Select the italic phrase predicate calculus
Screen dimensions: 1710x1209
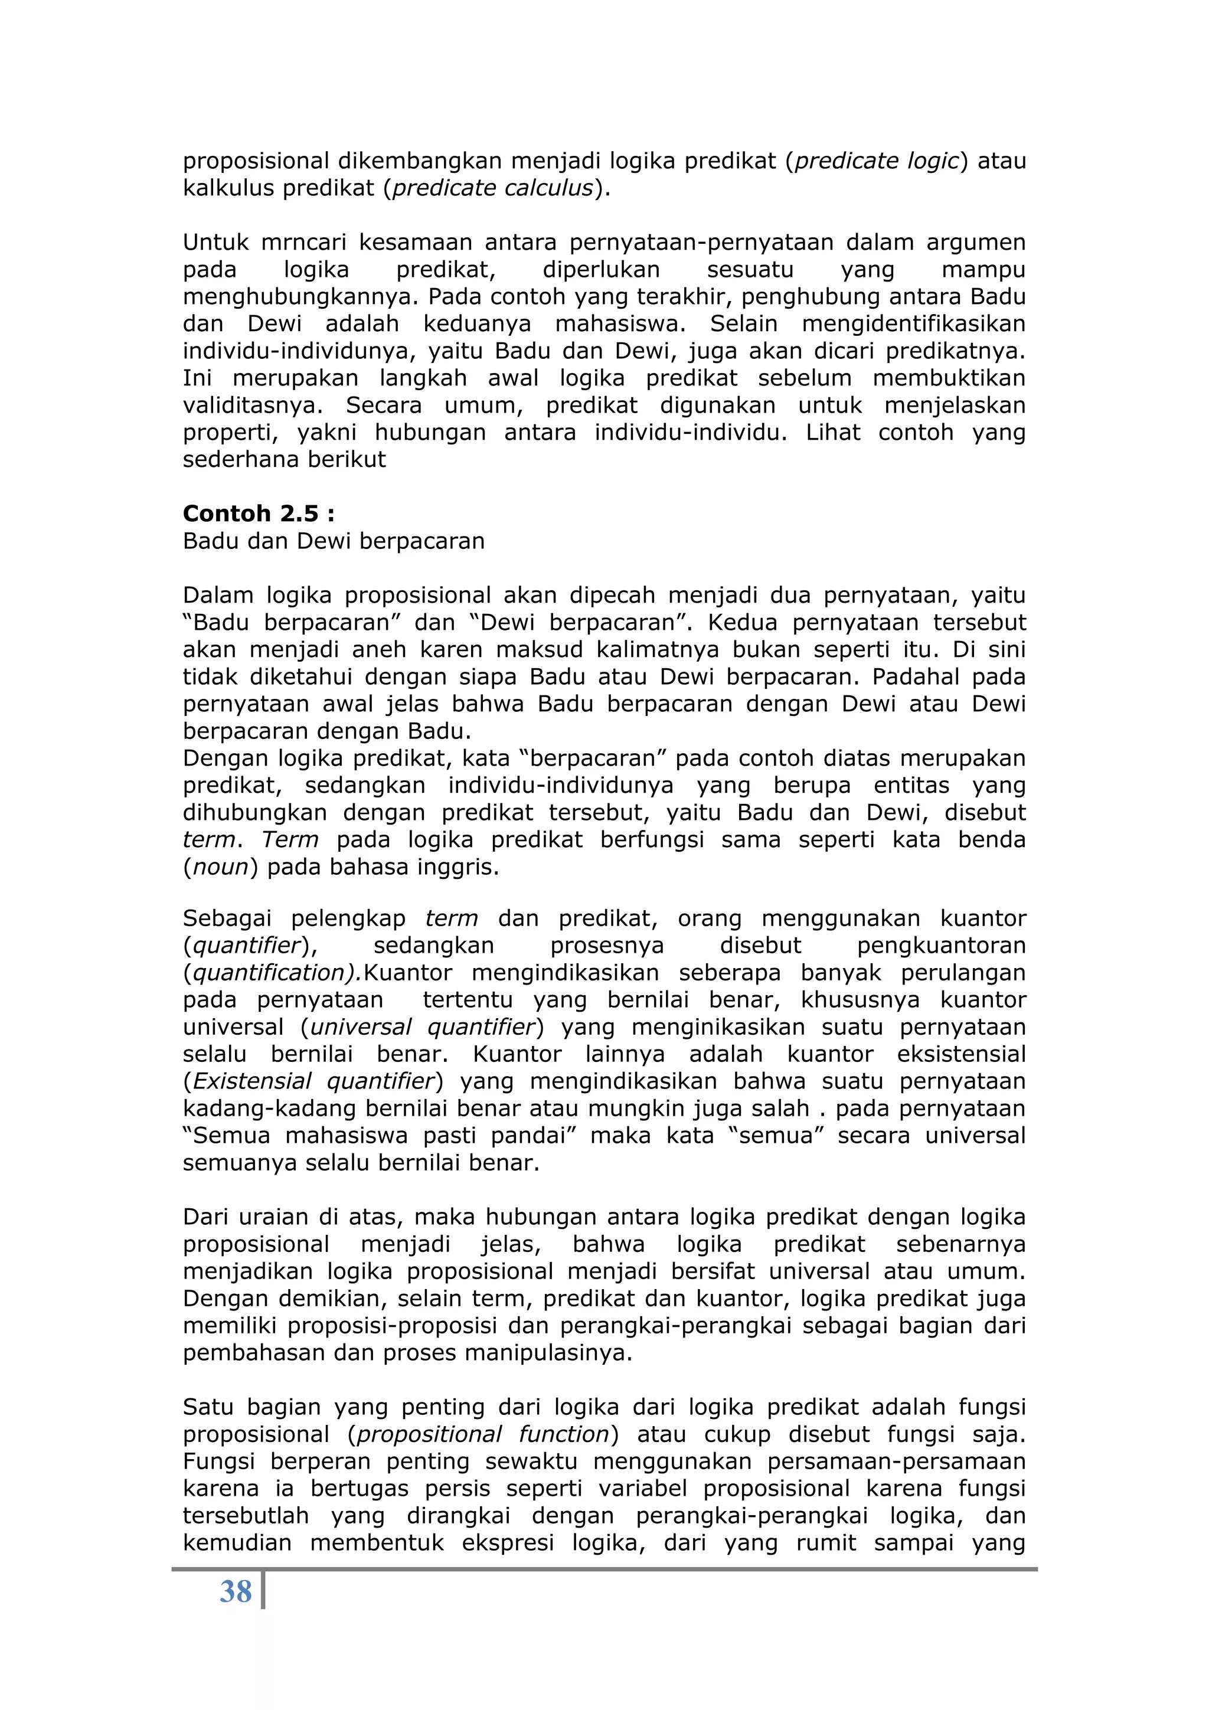(492, 188)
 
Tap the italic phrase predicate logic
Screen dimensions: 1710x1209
(876, 161)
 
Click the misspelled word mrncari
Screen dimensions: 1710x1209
(299, 242)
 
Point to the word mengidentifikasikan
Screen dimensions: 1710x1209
(913, 324)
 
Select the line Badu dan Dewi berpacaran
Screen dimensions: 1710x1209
(334, 541)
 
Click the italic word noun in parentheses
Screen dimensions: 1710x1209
(221, 867)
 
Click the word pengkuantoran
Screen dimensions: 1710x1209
(941, 945)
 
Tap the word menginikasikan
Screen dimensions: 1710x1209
(717, 1027)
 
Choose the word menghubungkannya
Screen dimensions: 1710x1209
(302, 296)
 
